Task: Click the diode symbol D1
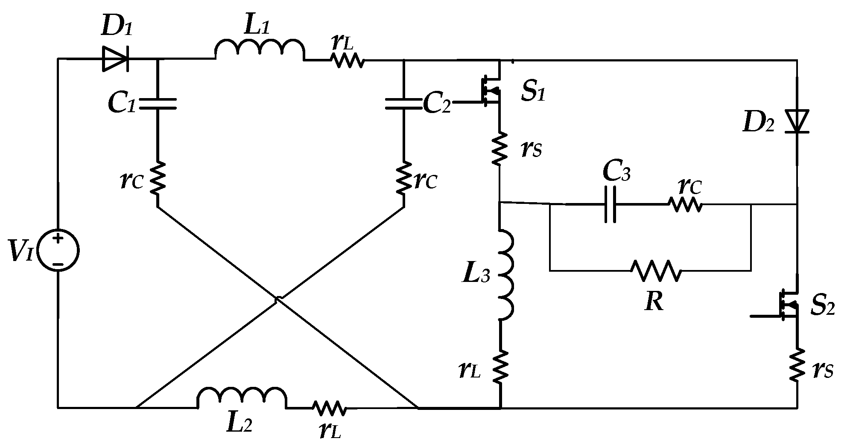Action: click(x=115, y=59)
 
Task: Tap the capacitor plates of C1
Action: click(x=157, y=104)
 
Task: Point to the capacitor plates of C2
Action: click(x=403, y=104)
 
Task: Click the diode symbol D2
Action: click(x=797, y=122)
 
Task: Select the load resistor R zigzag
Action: click(x=656, y=270)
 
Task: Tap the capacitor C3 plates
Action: click(x=610, y=204)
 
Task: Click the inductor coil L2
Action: click(x=242, y=398)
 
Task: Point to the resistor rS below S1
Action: click(x=499, y=148)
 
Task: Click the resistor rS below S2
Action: click(x=797, y=365)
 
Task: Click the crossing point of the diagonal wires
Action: click(x=277, y=300)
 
